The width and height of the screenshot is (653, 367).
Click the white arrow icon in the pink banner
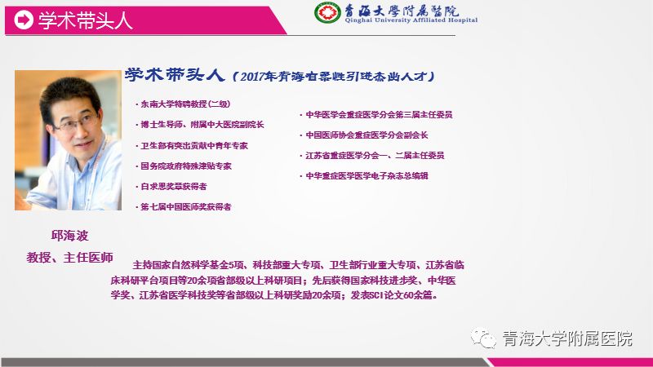pos(24,20)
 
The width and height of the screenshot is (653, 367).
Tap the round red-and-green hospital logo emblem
pos(327,12)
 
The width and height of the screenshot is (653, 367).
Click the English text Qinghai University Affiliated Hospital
pos(411,20)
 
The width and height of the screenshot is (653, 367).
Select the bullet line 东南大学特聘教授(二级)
pos(183,104)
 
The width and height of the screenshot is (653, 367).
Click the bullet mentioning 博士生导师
pos(200,125)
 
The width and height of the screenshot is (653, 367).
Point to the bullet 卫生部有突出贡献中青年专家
pos(192,146)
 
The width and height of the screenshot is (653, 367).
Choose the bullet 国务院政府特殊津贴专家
pos(184,166)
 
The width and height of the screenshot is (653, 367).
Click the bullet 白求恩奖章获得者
pos(171,187)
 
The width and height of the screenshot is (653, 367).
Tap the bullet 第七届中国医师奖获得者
pos(184,207)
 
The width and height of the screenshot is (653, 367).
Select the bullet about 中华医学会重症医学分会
pos(376,114)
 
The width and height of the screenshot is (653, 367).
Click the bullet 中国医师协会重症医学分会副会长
pos(364,135)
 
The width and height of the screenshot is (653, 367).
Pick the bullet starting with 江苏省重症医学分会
pos(372,155)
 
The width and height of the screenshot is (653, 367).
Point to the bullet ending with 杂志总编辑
pos(364,175)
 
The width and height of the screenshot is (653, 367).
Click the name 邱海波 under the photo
pos(70,236)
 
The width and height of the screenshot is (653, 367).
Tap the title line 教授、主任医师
pos(70,257)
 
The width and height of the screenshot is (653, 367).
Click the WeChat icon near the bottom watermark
pos(483,338)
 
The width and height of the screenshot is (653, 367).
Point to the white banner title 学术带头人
pos(86,20)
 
